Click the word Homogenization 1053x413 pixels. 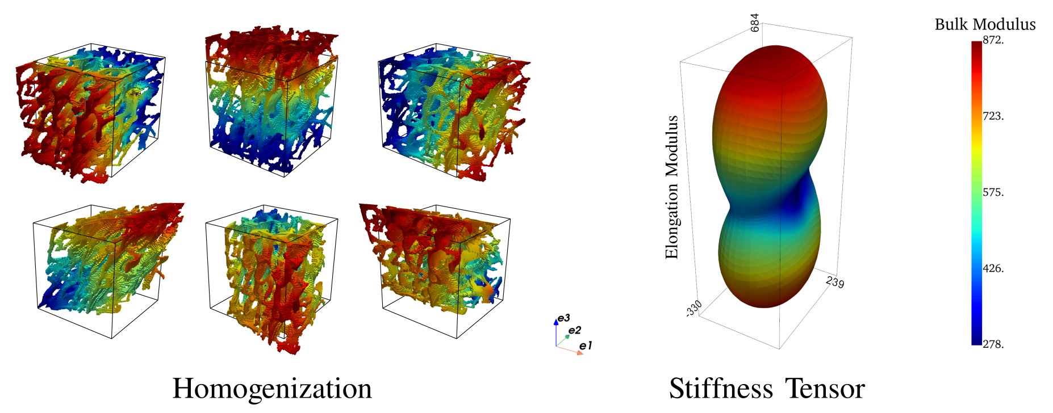pyautogui.click(x=272, y=389)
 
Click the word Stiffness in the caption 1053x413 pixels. pyautogui.click(x=721, y=389)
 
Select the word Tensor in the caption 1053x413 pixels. pyautogui.click(x=825, y=389)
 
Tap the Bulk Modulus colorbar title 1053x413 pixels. pyautogui.click(x=985, y=24)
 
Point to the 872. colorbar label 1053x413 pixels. pyautogui.click(x=993, y=40)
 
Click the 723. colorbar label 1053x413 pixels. pyautogui.click(x=993, y=116)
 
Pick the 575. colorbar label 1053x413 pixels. pyautogui.click(x=993, y=192)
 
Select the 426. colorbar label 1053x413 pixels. pyautogui.click(x=993, y=268)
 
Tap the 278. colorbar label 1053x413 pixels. pyautogui.click(x=993, y=344)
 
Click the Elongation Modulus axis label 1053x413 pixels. pyautogui.click(x=672, y=187)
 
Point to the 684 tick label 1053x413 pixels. pyautogui.click(x=754, y=23)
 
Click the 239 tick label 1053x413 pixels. pyautogui.click(x=835, y=281)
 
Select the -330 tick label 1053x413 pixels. pyautogui.click(x=694, y=308)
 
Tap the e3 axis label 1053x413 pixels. pyautogui.click(x=563, y=318)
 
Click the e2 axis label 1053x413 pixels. pyautogui.click(x=575, y=330)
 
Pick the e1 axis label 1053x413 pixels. pyautogui.click(x=586, y=345)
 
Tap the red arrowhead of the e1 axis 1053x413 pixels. pyautogui.click(x=580, y=353)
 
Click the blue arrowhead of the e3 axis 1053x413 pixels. pyautogui.click(x=556, y=322)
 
